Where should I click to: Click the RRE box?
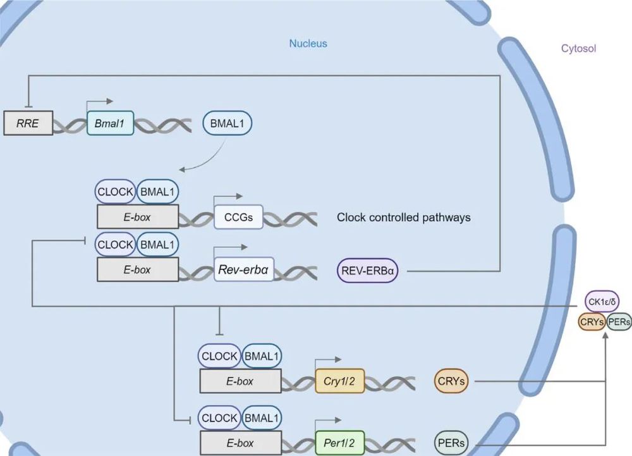coord(28,123)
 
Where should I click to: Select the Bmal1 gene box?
coord(110,123)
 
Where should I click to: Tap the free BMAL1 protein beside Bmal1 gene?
coord(228,123)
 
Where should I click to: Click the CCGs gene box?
coord(238,217)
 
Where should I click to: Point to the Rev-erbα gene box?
coord(243,269)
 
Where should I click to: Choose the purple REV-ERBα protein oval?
coord(367,270)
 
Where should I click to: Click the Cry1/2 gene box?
coord(340,381)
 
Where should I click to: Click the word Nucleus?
coord(308,44)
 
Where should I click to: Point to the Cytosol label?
coord(578,48)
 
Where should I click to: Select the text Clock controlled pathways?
coord(403,218)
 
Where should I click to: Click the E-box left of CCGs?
coord(137,217)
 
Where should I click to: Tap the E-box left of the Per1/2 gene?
coord(240,443)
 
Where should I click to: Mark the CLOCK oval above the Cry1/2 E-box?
coord(219,356)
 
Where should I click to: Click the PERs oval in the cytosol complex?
coord(619,321)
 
